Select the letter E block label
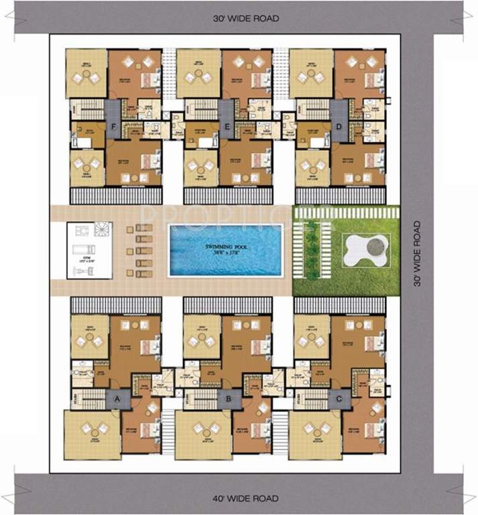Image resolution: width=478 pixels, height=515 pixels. [x=228, y=125]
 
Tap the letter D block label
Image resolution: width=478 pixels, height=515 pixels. [x=339, y=125]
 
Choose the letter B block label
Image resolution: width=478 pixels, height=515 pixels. [x=229, y=400]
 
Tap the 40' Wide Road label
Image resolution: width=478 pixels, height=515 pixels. [x=239, y=499]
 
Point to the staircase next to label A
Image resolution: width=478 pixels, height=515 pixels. [x=88, y=400]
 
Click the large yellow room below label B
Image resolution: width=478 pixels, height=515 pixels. [x=202, y=432]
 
